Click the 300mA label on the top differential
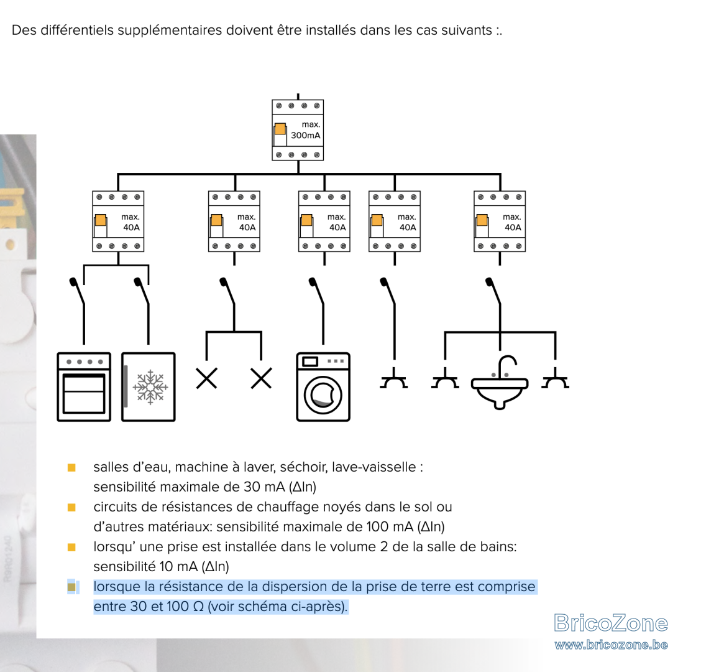(x=305, y=135)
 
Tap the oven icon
(x=84, y=387)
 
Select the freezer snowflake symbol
(x=150, y=387)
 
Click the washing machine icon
(x=323, y=387)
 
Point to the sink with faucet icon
(x=500, y=385)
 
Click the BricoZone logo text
(x=611, y=623)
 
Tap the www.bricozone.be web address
(x=611, y=645)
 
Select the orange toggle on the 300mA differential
(x=280, y=129)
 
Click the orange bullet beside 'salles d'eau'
(x=71, y=468)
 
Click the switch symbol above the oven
(x=77, y=291)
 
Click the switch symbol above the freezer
(x=142, y=291)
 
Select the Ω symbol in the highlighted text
(x=198, y=607)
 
